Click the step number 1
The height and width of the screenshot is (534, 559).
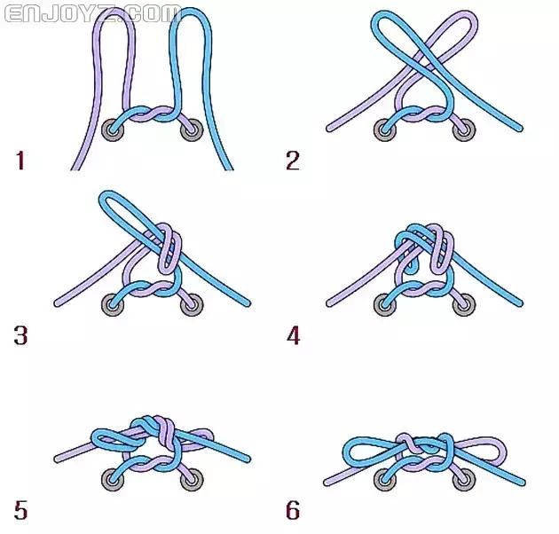[20, 161]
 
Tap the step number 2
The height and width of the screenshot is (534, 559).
[293, 161]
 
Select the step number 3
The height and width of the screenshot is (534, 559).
[20, 335]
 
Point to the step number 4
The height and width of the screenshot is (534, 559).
[293, 335]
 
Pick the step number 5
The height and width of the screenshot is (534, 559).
[20, 510]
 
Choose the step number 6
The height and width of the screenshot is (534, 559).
[293, 510]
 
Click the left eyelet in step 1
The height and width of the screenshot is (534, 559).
[113, 130]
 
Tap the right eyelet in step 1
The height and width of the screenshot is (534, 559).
[192, 130]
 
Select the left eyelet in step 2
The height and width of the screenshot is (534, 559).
[385, 130]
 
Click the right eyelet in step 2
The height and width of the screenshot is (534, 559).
[464, 130]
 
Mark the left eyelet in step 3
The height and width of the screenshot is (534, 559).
[113, 305]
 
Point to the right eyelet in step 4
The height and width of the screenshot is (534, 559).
[464, 305]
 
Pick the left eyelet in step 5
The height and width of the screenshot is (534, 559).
[113, 480]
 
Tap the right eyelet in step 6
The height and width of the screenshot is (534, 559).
[464, 480]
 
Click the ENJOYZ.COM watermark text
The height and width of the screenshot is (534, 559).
[93, 13]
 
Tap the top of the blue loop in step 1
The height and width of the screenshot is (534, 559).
[191, 11]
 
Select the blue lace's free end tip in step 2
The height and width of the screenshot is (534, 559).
[520, 129]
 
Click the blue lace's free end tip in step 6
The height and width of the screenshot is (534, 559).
[522, 483]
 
